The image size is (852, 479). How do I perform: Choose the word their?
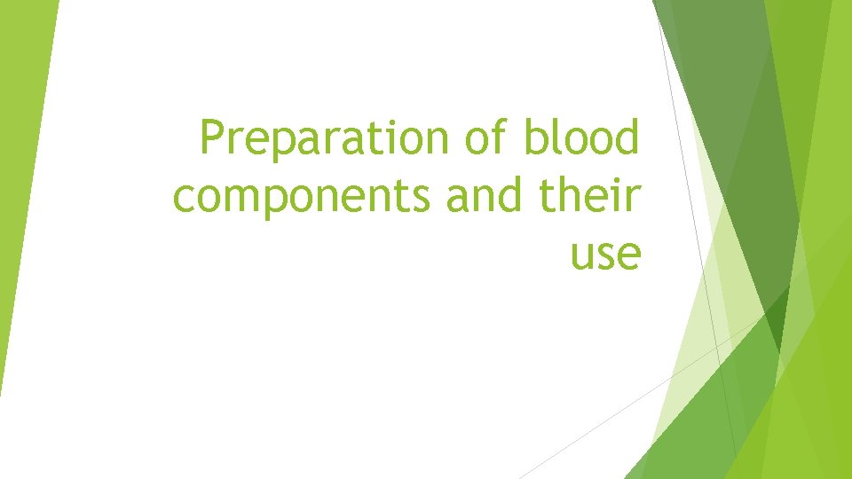coord(589,196)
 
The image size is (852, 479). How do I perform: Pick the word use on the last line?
coord(605,255)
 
